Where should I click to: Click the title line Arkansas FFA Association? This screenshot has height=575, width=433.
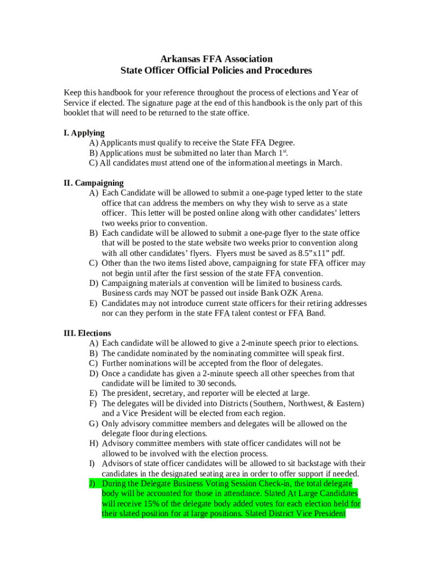216,59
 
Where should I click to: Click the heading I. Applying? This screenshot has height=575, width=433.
84,133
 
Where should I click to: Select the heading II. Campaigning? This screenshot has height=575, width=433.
93,183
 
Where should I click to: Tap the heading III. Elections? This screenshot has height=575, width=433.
87,334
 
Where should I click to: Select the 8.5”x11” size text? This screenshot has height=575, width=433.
301,253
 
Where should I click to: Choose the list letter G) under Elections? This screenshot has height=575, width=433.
93,424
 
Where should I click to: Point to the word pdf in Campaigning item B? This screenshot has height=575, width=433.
337,253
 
